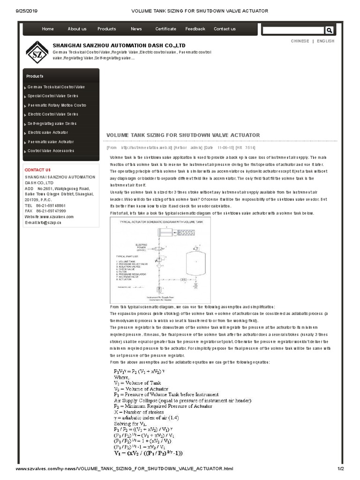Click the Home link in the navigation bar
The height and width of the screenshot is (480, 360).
(x=48, y=29)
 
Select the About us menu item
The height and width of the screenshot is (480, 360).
(x=77, y=29)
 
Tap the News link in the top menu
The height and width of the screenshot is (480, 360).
(x=136, y=29)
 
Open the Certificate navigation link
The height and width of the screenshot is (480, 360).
(x=166, y=29)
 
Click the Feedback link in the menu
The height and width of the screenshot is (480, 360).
(x=195, y=29)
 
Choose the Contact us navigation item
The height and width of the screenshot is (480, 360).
(x=225, y=29)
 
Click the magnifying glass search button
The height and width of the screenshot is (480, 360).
(x=329, y=30)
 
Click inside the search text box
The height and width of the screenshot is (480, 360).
(x=292, y=30)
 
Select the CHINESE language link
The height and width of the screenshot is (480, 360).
(x=300, y=41)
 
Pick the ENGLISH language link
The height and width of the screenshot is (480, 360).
(x=326, y=41)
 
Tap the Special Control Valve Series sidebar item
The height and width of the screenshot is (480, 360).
(x=53, y=96)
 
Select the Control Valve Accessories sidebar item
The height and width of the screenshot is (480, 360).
(x=51, y=151)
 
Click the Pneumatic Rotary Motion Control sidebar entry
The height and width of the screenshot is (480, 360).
(x=57, y=105)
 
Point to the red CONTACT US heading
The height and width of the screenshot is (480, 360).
(x=37, y=170)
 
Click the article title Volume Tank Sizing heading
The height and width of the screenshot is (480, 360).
(x=183, y=135)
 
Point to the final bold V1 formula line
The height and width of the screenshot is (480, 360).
(x=148, y=453)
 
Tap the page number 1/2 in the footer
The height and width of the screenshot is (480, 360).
(x=341, y=469)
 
